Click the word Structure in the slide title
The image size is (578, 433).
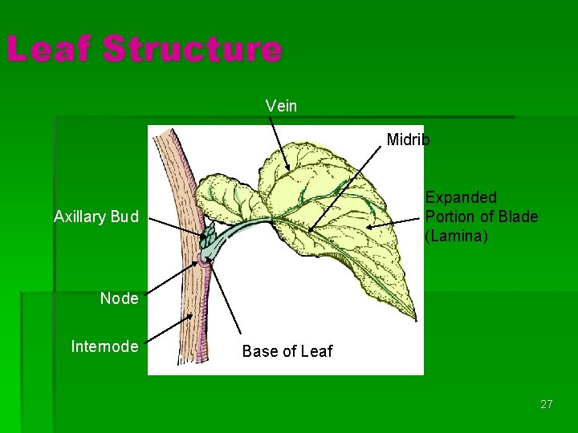[192, 50]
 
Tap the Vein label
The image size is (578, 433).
[281, 106]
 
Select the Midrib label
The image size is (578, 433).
[408, 140]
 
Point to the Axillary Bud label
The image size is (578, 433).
[96, 216]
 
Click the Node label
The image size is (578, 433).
[119, 299]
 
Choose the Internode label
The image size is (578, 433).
[104, 346]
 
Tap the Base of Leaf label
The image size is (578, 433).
[287, 351]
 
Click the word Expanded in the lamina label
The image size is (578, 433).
[461, 197]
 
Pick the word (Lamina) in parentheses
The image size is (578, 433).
[457, 237]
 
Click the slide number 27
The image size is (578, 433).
[546, 404]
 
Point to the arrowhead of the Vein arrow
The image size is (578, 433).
[287, 170]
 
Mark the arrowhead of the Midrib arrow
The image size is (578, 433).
[310, 230]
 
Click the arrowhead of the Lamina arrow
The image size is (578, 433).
[368, 229]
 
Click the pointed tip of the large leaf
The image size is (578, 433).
[415, 318]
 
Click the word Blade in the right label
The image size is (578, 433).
[518, 217]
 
